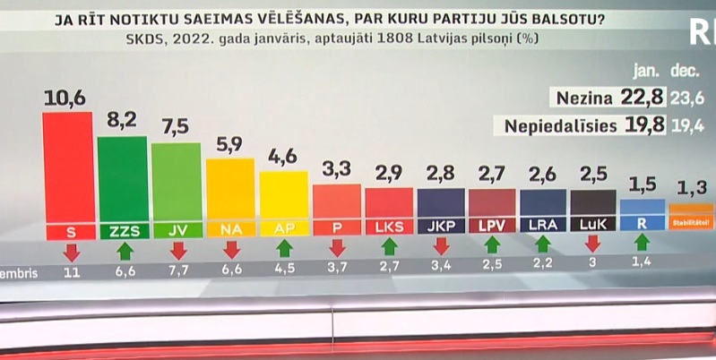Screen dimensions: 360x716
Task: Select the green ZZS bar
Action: click(x=123, y=179)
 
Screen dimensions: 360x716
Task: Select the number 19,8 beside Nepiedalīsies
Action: click(x=646, y=126)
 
